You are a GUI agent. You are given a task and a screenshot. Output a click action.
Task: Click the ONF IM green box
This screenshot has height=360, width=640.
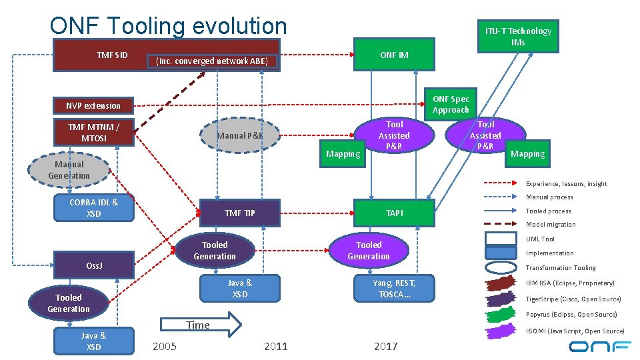pos(394,55)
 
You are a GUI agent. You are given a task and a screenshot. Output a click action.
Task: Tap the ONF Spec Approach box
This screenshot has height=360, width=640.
pos(451,104)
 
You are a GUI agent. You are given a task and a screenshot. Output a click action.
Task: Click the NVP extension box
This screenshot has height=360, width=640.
pos(93,105)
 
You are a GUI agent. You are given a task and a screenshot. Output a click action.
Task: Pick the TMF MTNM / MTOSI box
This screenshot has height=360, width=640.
pos(93,132)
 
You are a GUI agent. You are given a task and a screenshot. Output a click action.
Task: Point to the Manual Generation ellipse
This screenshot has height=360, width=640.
pos(69,170)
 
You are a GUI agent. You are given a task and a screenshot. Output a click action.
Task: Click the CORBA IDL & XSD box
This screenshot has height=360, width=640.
pos(93,207)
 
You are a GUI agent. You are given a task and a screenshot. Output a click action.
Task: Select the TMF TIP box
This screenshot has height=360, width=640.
pos(240,213)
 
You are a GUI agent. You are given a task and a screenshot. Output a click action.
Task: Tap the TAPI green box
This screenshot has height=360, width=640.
pos(394,213)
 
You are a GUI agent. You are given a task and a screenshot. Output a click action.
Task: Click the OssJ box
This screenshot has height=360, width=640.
pos(93,265)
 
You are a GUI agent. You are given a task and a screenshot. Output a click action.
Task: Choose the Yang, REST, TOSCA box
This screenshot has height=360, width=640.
pos(394,288)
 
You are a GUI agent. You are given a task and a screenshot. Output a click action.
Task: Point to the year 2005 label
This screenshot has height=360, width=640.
pos(165,346)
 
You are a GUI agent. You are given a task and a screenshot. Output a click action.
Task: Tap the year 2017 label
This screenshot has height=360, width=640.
pos(385,346)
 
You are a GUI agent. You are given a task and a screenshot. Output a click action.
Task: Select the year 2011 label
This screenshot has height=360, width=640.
pos(275,346)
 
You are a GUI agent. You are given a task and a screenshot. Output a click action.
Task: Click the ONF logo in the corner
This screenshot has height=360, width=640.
pos(599,346)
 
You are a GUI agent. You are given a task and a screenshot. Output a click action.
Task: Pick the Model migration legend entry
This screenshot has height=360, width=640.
pos(551,225)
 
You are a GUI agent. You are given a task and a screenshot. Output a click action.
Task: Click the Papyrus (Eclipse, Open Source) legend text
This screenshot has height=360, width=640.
pos(571,315)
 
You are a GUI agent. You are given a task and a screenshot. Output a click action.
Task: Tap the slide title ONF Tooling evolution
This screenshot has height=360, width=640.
pos(168,25)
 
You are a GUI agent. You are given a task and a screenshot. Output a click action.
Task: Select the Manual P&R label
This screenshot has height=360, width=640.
pos(240,136)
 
